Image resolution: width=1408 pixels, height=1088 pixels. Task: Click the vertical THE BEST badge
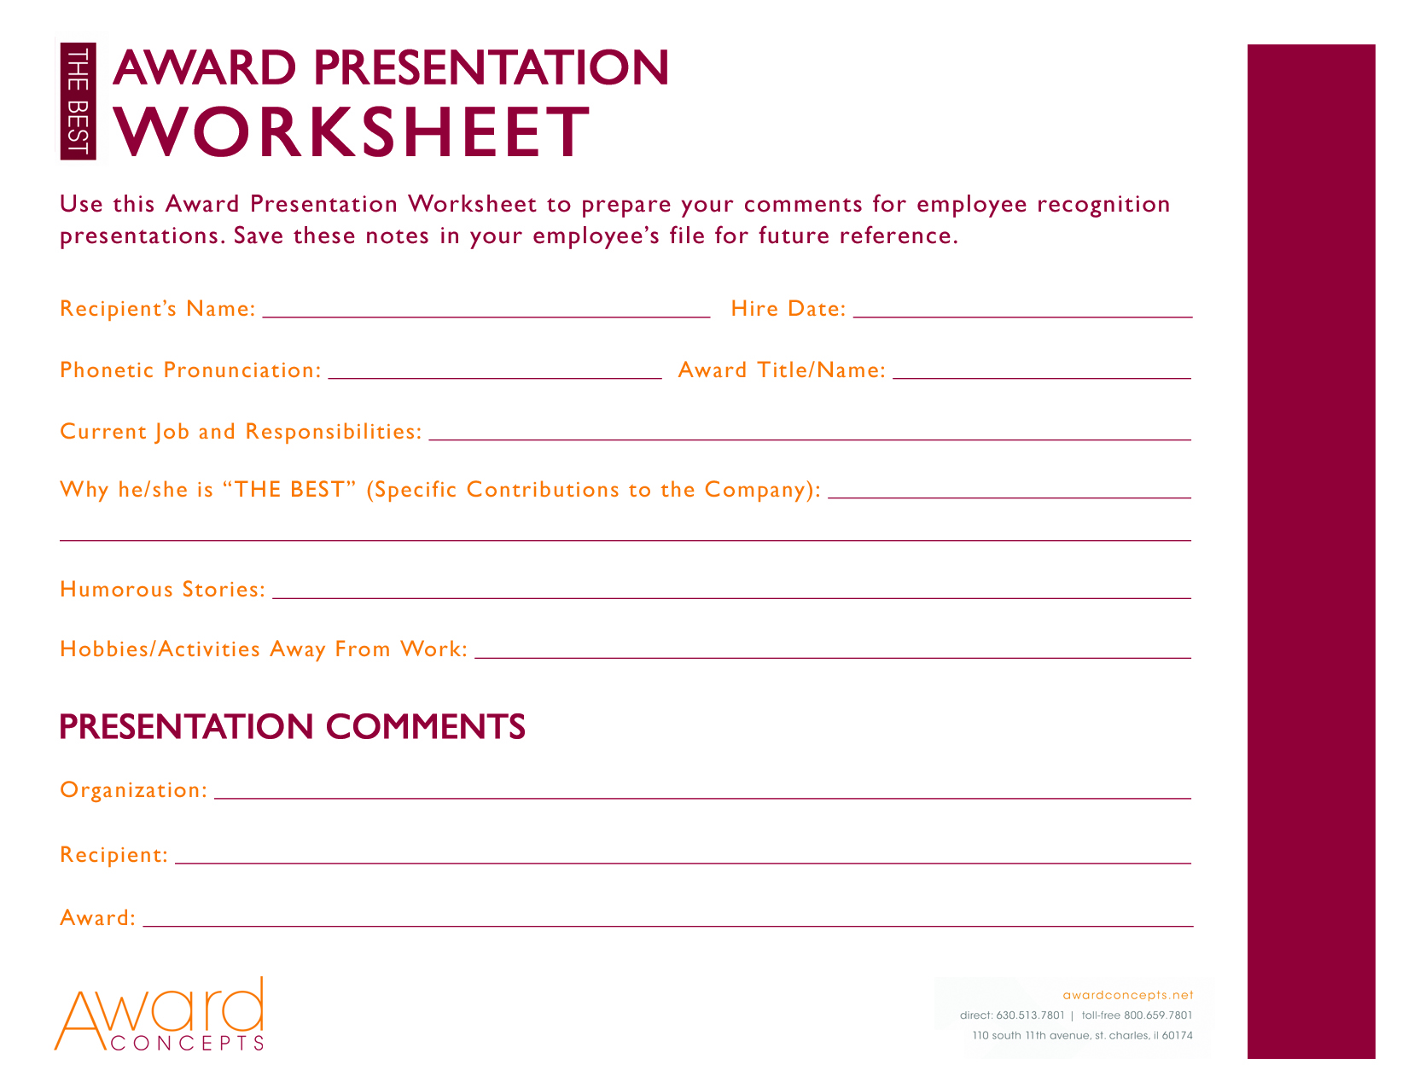tap(78, 102)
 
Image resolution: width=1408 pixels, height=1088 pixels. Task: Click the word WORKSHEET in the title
tap(352, 132)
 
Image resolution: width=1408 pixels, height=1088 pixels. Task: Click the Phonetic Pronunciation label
tap(190, 370)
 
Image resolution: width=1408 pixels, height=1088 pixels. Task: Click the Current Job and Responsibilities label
tap(241, 432)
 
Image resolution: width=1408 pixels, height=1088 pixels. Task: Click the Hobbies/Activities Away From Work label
tap(263, 649)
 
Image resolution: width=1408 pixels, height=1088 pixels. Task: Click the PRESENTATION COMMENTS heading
tap(292, 727)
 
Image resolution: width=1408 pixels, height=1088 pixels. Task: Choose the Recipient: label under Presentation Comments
tap(113, 855)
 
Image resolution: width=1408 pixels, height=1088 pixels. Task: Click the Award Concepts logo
tap(160, 1015)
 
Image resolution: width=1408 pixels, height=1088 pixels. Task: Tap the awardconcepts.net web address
tap(1127, 995)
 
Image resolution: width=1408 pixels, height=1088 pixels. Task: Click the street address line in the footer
tap(1082, 1036)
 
